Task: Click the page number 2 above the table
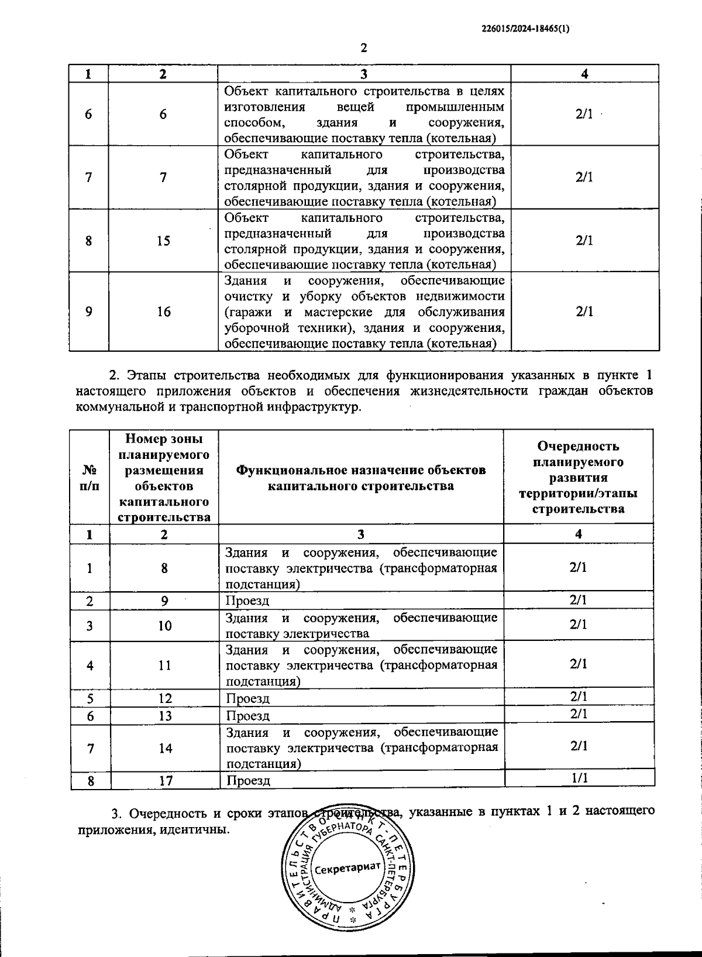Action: pos(364,48)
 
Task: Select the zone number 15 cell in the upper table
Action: pos(163,241)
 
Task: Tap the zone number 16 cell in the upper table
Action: pos(163,311)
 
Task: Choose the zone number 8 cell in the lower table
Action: pos(164,568)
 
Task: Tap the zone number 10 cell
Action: pos(164,626)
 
